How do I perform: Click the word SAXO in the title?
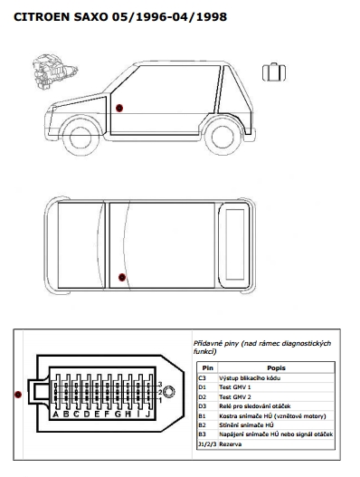click(90, 17)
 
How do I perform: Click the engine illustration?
click(55, 72)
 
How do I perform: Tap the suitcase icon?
click(274, 72)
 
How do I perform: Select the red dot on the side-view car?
click(119, 108)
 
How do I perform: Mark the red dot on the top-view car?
click(122, 277)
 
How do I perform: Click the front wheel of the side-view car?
click(81, 137)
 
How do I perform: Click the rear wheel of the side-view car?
click(223, 137)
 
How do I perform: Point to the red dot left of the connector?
click(18, 395)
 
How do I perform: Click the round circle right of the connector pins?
click(169, 392)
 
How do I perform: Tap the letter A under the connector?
click(56, 414)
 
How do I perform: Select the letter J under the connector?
click(147, 414)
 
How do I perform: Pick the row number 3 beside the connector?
click(160, 385)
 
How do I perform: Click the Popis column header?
click(276, 368)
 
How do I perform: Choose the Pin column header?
click(208, 368)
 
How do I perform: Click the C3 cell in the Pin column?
click(203, 378)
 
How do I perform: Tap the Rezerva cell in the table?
click(230, 444)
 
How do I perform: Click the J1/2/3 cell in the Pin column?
click(207, 444)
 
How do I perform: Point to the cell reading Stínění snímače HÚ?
click(246, 425)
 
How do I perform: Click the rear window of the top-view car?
click(235, 244)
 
